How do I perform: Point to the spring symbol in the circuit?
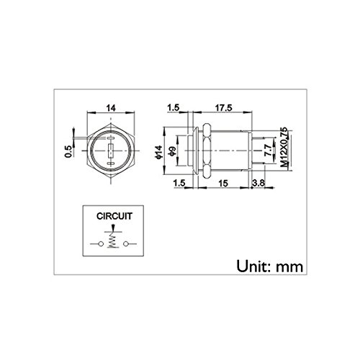[x=111, y=245]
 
